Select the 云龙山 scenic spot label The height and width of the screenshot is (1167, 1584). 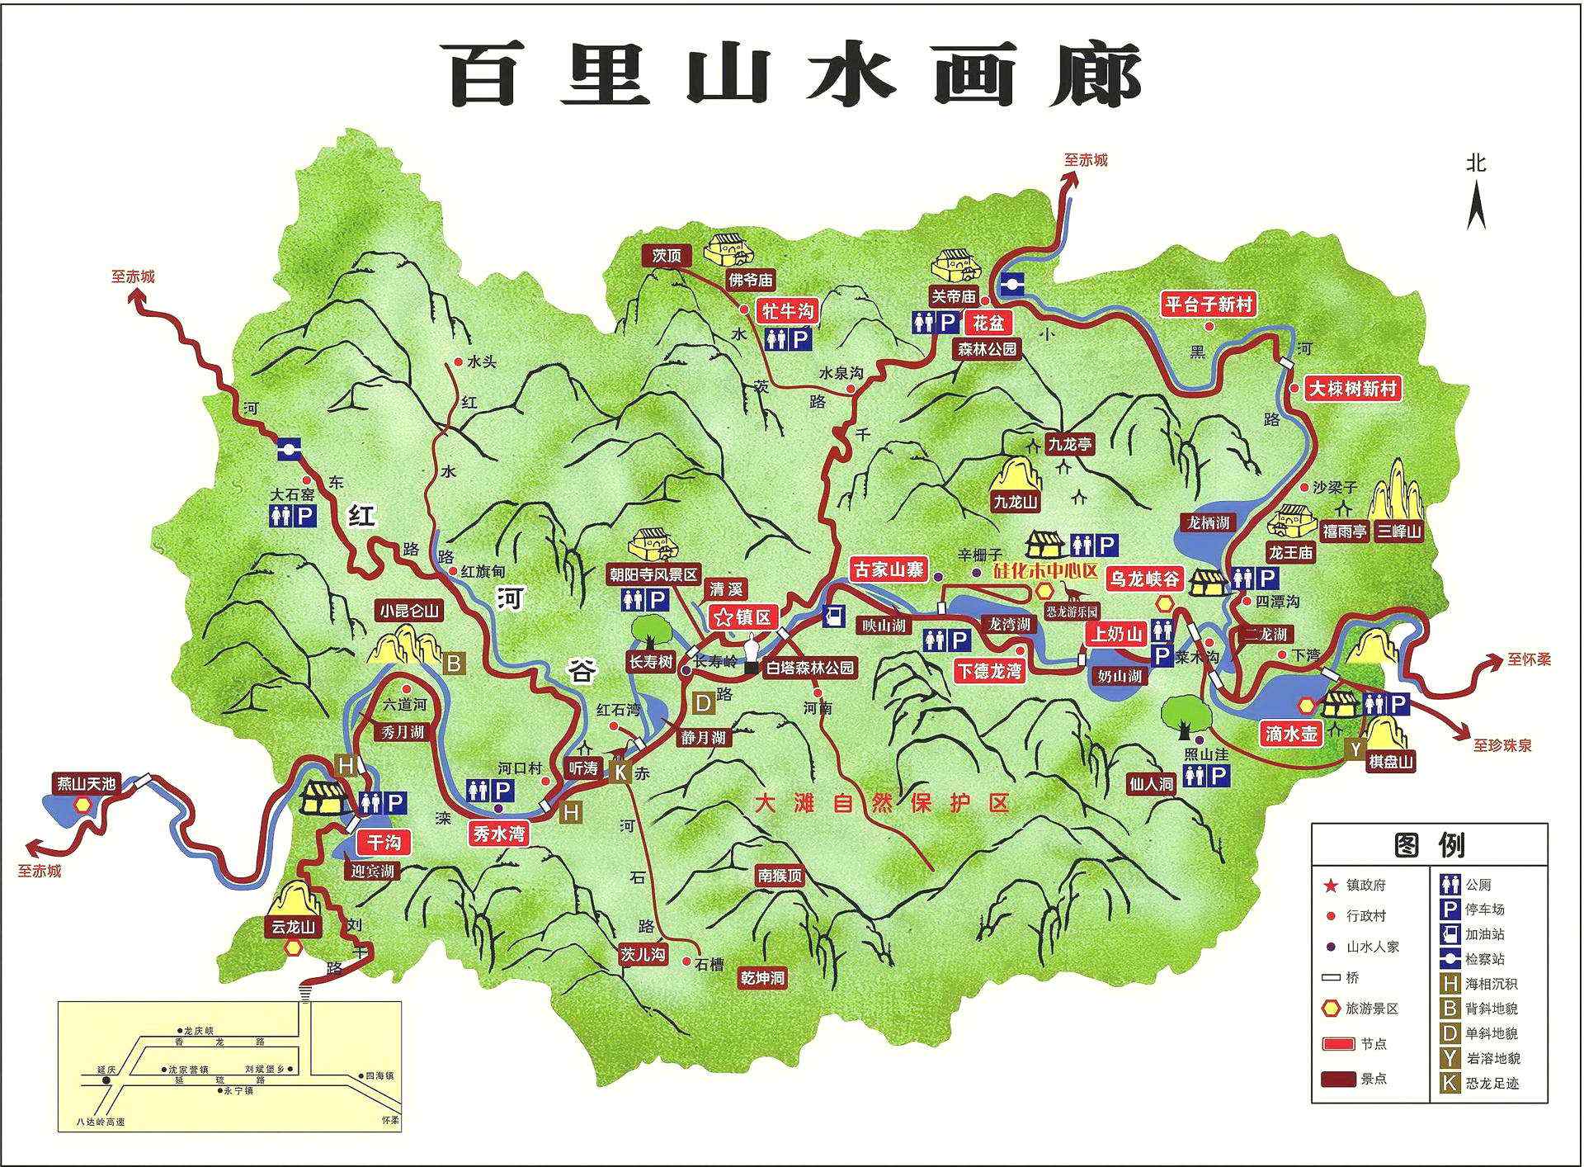click(x=294, y=927)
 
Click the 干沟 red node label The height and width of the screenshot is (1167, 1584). click(x=383, y=843)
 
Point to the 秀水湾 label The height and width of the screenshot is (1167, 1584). click(x=499, y=834)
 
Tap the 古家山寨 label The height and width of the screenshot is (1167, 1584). click(x=888, y=569)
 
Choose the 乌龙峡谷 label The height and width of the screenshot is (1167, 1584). click(x=1145, y=578)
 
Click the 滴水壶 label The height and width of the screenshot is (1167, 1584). click(x=1291, y=733)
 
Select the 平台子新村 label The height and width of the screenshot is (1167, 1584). click(x=1209, y=304)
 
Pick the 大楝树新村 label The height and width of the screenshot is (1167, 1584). click(x=1354, y=388)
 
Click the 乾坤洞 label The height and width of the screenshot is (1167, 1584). click(x=762, y=978)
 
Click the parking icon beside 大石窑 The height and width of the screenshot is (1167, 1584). click(x=305, y=517)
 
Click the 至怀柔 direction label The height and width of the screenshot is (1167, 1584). click(x=1529, y=659)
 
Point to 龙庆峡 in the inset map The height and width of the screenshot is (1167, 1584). click(x=198, y=1031)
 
